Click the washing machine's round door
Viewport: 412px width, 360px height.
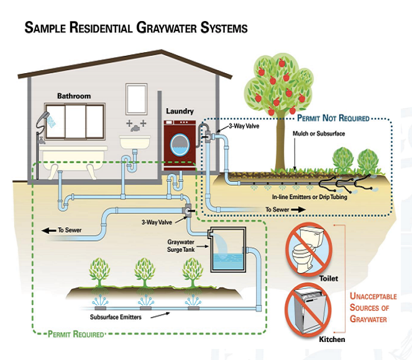pos(180,145)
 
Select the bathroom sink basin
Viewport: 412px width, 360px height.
pos(135,142)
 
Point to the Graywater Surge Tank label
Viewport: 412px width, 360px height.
pos(181,246)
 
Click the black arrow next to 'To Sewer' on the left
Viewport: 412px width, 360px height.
pos(48,231)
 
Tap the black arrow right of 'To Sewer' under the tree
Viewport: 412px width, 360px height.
pos(298,209)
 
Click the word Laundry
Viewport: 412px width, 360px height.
pos(180,111)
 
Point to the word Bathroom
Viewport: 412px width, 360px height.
pos(74,96)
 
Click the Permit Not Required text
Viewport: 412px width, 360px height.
pos(333,118)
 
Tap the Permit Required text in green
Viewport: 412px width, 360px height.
pos(76,334)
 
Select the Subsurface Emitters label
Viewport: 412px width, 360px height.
pos(116,317)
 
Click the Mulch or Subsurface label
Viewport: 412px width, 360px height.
pos(319,133)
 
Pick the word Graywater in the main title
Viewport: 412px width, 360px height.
pos(167,27)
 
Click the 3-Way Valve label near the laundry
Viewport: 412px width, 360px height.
pos(244,126)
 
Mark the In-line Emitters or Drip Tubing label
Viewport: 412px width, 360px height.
pos(309,197)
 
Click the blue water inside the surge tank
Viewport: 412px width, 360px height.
pos(228,261)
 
